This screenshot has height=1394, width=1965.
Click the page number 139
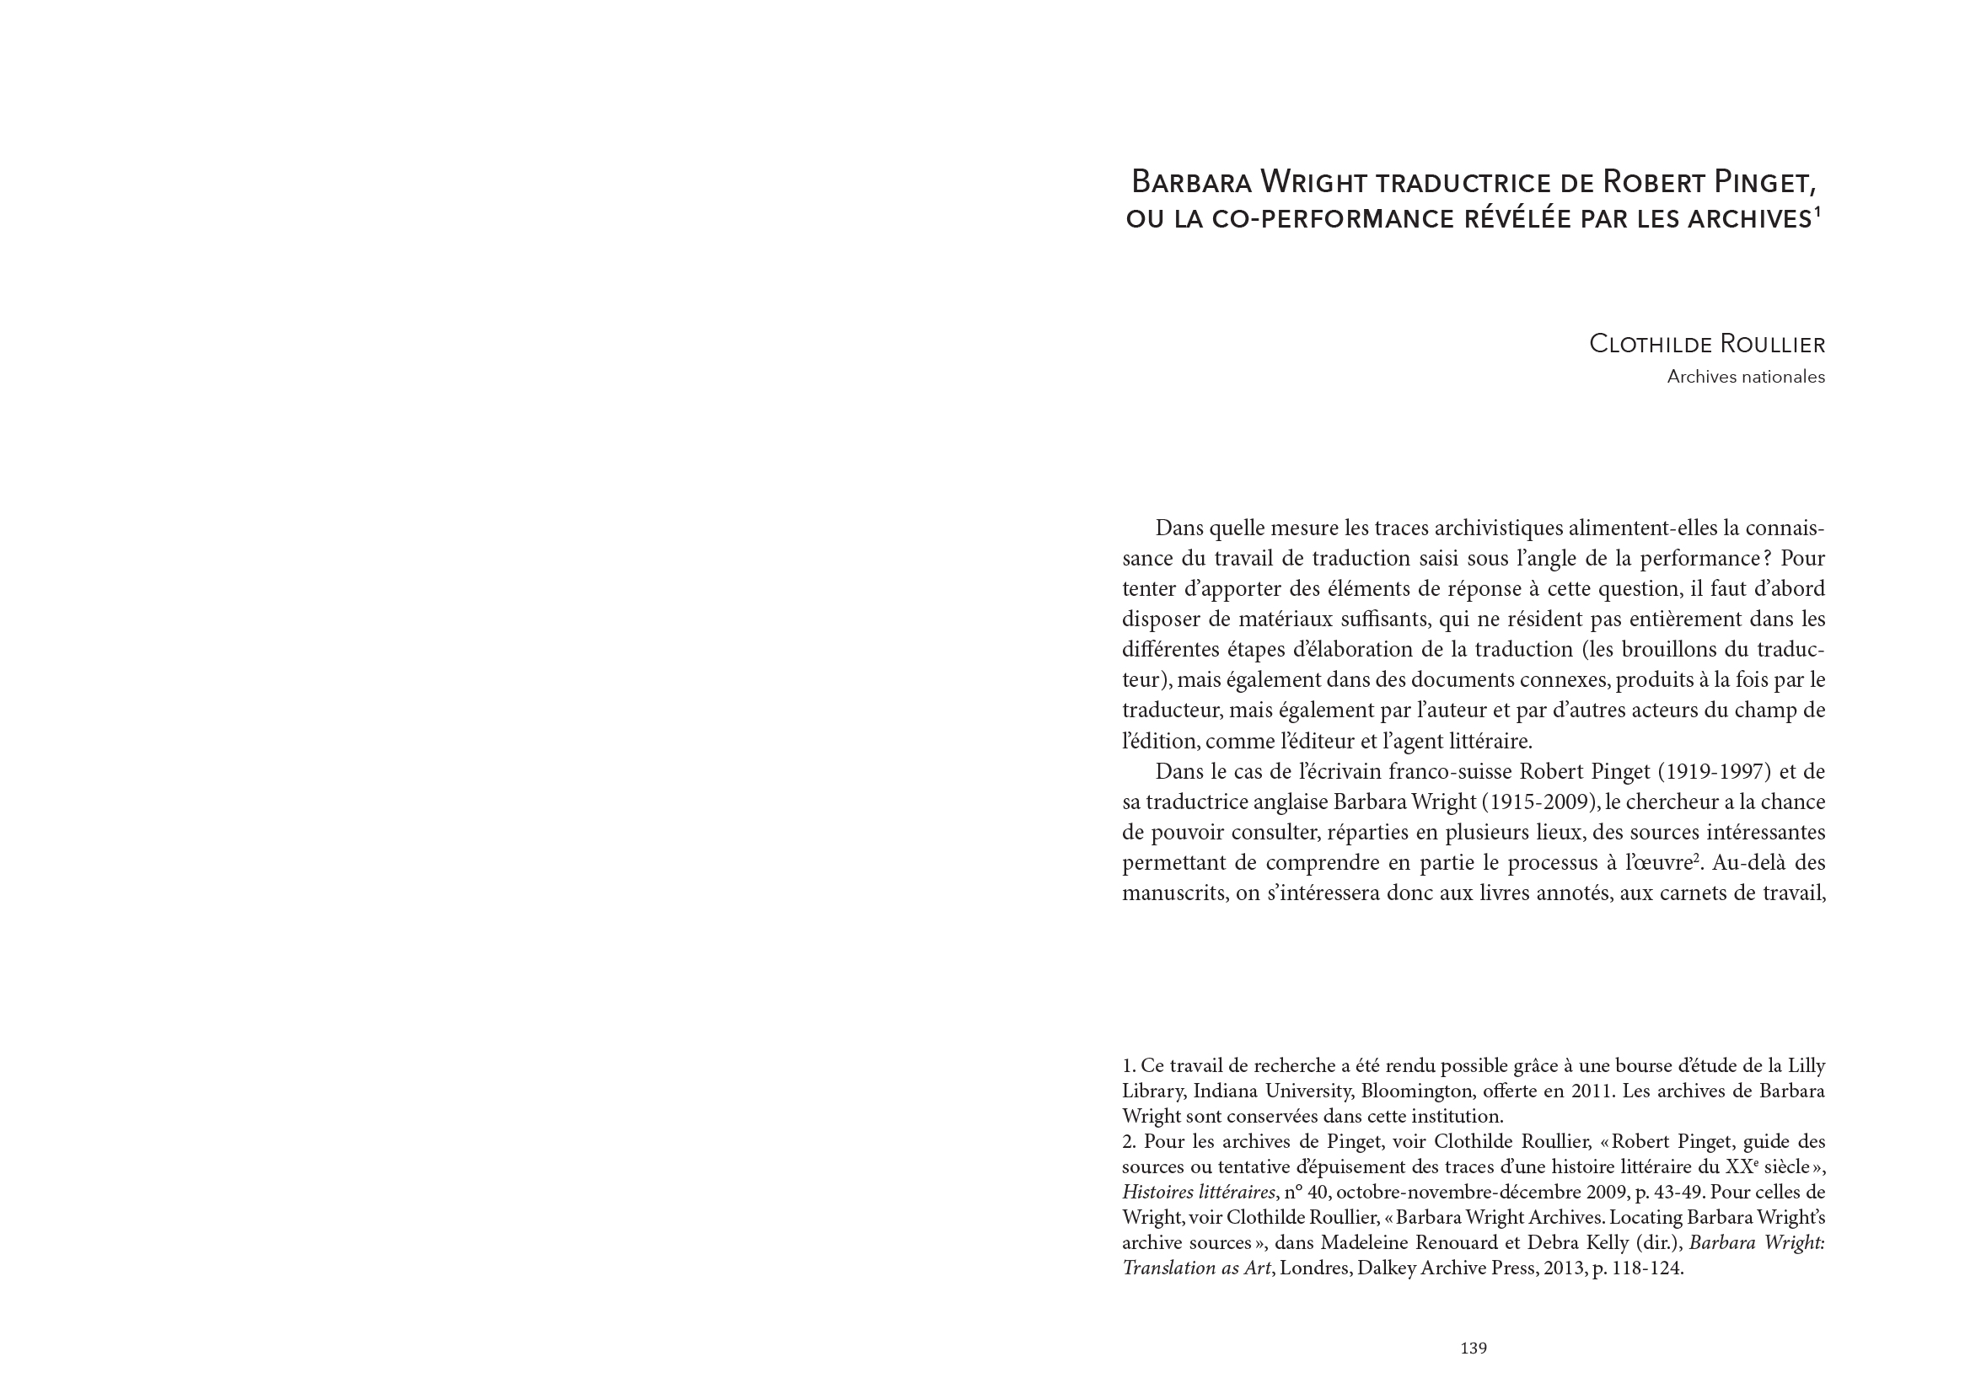1473,1348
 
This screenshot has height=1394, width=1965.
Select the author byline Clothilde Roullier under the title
1706,344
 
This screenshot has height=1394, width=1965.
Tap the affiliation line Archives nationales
1745,377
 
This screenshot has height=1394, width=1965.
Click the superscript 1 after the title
1817,212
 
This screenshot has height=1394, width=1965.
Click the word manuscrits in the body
1173,893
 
